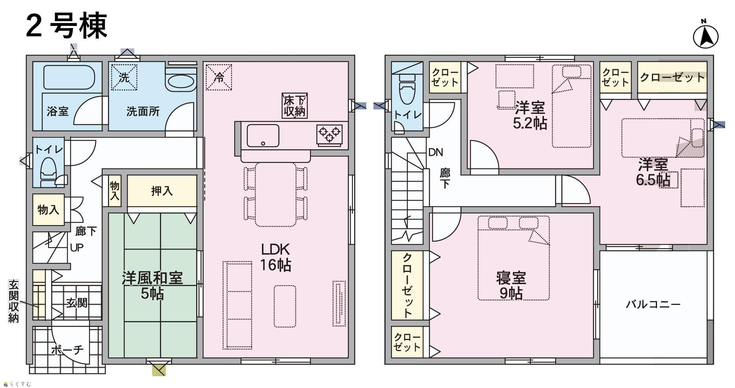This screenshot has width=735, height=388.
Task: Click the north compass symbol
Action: (x=705, y=37)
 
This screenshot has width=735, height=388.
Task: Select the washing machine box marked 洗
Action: (x=124, y=77)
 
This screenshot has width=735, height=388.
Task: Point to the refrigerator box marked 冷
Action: (x=219, y=77)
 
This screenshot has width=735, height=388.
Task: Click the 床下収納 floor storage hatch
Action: (x=295, y=105)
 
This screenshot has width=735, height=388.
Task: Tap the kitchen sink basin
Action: (x=263, y=136)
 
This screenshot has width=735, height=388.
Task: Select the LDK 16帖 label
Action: (x=276, y=257)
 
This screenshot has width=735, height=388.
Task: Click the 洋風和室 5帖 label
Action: (x=152, y=286)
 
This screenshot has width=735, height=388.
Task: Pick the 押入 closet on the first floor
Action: (x=162, y=191)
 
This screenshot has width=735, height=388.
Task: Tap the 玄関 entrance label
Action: (x=77, y=303)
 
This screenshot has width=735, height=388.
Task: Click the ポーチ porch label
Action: (x=67, y=349)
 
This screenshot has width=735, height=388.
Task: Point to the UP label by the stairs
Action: (x=77, y=248)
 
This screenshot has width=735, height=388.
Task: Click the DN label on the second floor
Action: (x=436, y=152)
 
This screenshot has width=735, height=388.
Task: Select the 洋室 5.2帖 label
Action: (x=530, y=115)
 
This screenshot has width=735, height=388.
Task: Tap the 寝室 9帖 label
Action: (x=511, y=286)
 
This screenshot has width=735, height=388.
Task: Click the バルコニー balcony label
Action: (x=653, y=304)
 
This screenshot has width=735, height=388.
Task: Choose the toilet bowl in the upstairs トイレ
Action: (x=407, y=92)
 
